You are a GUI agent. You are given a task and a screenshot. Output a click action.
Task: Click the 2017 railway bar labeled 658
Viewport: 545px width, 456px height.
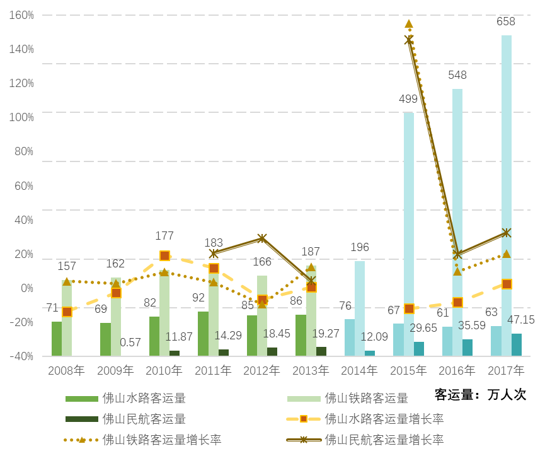coord(507,196)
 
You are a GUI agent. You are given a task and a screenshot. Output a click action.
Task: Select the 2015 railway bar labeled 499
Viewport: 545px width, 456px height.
coord(409,233)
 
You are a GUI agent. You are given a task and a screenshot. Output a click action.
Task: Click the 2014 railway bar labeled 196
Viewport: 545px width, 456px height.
coord(360,308)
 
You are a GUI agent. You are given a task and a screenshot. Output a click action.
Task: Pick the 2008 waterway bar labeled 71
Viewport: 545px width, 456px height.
coord(57,339)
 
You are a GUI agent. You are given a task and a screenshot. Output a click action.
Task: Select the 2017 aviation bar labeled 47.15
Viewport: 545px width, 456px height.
coord(517,344)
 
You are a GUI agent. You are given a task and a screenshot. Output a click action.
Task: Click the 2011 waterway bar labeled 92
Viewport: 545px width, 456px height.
coord(203,334)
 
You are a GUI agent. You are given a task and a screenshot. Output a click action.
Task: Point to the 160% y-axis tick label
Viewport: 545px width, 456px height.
coord(21,15)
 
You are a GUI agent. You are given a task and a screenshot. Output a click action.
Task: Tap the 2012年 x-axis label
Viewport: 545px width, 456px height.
coord(261,370)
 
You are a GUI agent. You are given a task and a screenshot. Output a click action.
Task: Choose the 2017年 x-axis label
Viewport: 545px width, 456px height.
coord(506,370)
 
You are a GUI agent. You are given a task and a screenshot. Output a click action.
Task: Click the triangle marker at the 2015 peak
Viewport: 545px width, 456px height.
coord(409,24)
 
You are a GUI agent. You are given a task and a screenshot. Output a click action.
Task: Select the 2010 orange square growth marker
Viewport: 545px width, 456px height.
coord(164,255)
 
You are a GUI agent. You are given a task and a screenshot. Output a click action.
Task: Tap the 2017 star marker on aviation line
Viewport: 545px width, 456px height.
coord(507,233)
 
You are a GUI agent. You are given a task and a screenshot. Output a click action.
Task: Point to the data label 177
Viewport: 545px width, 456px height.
coord(164,236)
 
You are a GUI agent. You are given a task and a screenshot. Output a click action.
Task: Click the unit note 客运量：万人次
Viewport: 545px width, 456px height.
coord(480,395)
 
